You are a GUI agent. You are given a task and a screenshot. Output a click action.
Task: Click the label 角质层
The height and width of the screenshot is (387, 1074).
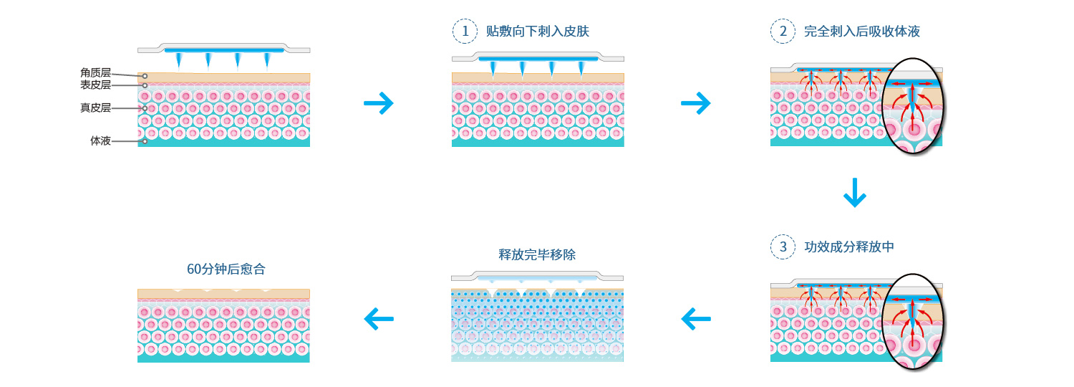click(95, 72)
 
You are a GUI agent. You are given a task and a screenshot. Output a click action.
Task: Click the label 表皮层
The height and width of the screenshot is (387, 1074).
click(95, 85)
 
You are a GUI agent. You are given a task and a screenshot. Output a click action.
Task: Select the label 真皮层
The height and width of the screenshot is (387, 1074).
click(95, 108)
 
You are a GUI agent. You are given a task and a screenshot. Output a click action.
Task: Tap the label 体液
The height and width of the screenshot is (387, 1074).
click(100, 141)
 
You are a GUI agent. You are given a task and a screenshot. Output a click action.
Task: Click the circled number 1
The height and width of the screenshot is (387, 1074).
click(465, 31)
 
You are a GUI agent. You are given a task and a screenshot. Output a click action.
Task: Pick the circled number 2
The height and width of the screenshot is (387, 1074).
click(783, 31)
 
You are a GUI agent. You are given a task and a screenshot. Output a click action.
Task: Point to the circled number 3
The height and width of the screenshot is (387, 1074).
click(783, 247)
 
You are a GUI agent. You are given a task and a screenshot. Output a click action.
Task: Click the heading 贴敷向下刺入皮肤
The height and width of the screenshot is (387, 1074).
click(538, 31)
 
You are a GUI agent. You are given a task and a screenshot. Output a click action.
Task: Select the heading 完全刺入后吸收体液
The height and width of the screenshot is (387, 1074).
click(862, 31)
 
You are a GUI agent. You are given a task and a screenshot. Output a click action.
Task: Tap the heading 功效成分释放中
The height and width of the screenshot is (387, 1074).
click(849, 247)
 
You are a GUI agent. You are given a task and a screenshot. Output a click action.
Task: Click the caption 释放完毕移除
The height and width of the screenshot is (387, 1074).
click(537, 254)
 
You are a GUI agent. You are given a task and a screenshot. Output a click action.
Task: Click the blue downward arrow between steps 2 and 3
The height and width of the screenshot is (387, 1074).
click(855, 191)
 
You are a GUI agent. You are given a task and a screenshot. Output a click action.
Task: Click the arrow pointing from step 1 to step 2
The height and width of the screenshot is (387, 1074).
click(695, 104)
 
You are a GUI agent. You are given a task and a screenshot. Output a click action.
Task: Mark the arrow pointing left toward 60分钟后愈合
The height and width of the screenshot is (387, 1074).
click(379, 318)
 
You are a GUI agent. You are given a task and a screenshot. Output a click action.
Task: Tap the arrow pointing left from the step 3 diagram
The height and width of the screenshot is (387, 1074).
click(695, 318)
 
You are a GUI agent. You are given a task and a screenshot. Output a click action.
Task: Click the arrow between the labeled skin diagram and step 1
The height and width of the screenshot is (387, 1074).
click(379, 104)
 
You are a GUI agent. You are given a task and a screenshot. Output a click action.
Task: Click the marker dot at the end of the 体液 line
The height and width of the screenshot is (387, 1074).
click(145, 141)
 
